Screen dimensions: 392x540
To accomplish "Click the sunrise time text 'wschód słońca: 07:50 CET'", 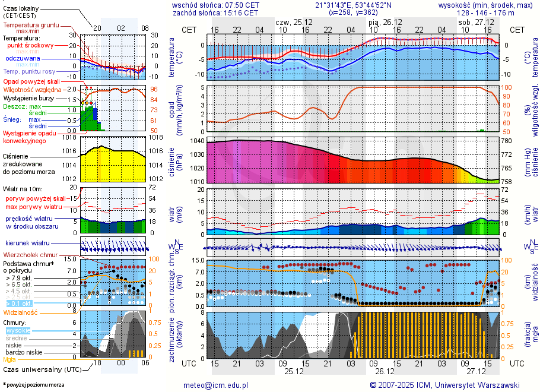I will point(215,4).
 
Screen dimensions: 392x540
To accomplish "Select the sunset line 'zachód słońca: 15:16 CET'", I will point(215,12).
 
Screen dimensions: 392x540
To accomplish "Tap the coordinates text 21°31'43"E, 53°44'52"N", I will point(353,4).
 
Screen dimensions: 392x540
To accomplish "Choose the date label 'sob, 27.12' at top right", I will point(472,22).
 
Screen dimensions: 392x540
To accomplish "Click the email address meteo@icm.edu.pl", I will point(215,385).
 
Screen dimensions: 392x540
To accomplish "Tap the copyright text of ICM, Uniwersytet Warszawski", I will point(444,385).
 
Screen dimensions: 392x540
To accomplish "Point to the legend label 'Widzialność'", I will point(21,312).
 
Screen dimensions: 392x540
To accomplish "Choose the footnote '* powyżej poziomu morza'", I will point(33,385).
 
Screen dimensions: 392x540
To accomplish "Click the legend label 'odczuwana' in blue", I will point(23,59).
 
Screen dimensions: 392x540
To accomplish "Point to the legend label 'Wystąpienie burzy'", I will point(26,98).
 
